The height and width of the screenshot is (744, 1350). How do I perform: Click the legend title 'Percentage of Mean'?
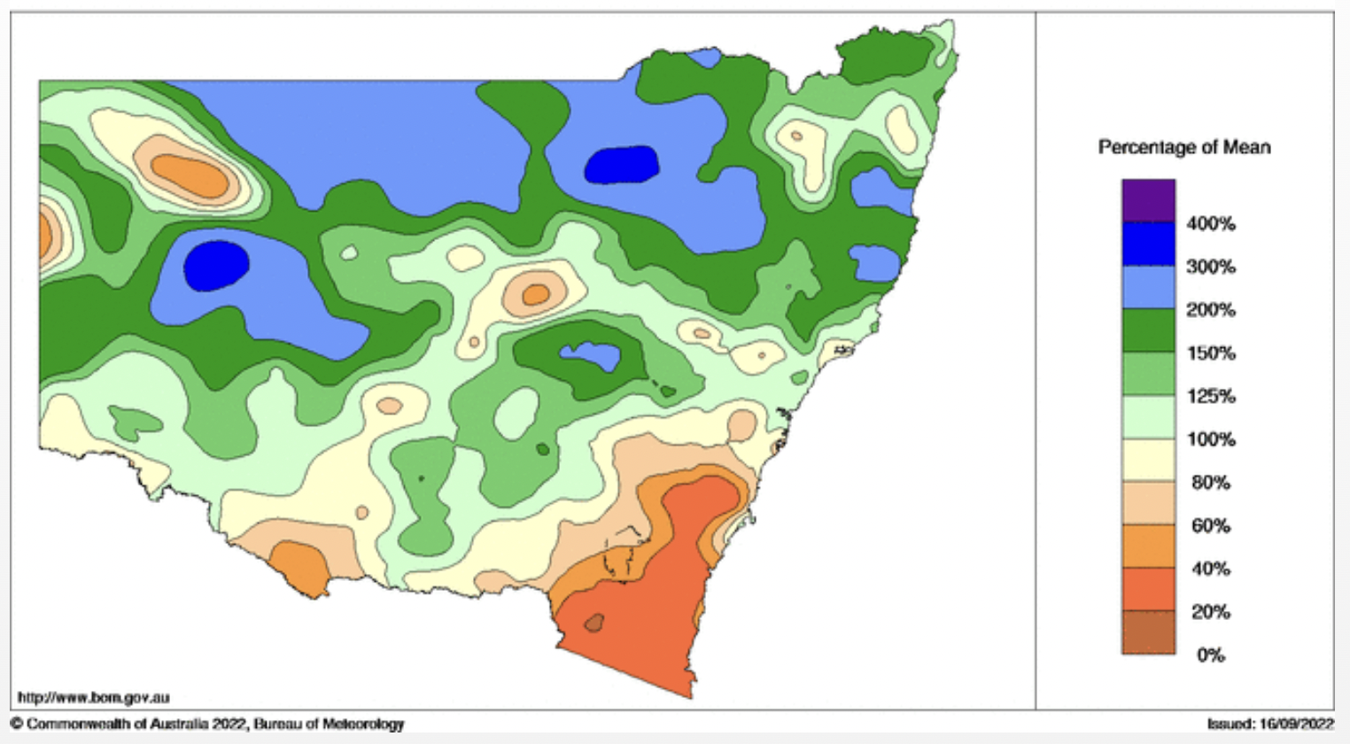click(x=1183, y=147)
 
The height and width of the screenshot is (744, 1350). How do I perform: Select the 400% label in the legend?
click(x=1210, y=224)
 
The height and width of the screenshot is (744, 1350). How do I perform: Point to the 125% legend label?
click(x=1210, y=396)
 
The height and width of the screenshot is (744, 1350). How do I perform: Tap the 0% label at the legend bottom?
click(x=1210, y=655)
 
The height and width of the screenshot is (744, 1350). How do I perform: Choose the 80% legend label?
click(x=1210, y=483)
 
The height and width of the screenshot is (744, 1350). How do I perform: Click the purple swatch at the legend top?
click(x=1148, y=201)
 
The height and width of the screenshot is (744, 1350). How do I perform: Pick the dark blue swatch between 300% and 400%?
click(x=1148, y=244)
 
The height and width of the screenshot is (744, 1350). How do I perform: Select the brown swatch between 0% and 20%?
click(x=1148, y=632)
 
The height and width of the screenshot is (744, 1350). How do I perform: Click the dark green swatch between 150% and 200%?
click(x=1148, y=330)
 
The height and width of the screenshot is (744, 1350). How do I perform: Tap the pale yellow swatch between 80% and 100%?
click(x=1148, y=460)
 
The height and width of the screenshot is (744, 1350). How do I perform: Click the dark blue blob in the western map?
click(x=216, y=265)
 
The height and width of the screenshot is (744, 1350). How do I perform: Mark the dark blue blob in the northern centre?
click(x=623, y=165)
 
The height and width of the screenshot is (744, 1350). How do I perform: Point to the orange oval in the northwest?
click(x=190, y=174)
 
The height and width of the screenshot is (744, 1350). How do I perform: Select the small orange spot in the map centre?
click(x=535, y=294)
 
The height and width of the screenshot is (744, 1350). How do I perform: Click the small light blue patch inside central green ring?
click(x=591, y=356)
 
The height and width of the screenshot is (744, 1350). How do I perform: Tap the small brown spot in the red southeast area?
click(x=594, y=623)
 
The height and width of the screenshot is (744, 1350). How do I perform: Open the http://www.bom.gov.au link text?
click(x=93, y=698)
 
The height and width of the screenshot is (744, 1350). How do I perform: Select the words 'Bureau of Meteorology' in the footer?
click(x=329, y=724)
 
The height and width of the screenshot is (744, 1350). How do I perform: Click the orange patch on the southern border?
click(x=299, y=567)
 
